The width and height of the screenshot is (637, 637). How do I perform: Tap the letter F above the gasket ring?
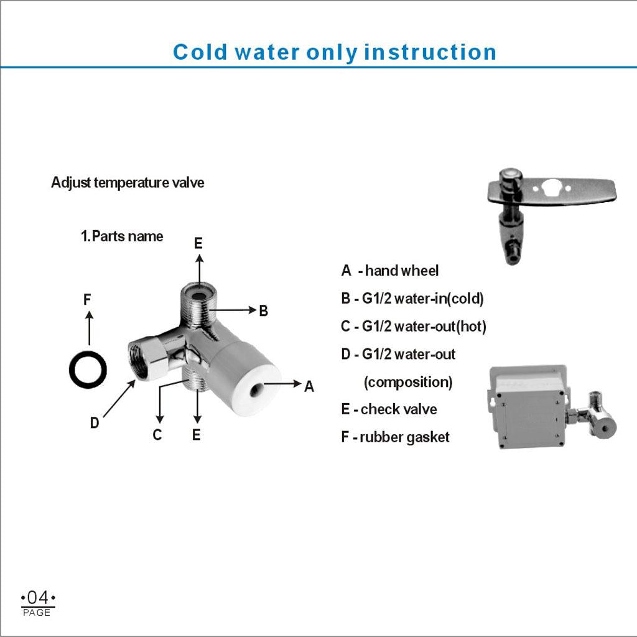pyautogui.click(x=87, y=300)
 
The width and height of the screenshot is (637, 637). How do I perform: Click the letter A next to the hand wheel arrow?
pyautogui.click(x=309, y=386)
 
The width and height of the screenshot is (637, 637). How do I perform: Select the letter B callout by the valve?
pyautogui.click(x=264, y=311)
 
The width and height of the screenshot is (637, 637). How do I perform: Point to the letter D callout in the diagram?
pyautogui.click(x=95, y=423)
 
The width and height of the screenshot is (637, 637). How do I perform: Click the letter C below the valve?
pyautogui.click(x=157, y=435)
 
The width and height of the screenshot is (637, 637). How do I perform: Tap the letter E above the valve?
pyautogui.click(x=198, y=243)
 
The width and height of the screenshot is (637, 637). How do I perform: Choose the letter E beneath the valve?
pyautogui.click(x=196, y=435)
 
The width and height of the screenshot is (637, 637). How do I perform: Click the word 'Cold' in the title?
pyautogui.click(x=200, y=52)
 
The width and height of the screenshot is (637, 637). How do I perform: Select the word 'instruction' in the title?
pyautogui.click(x=430, y=52)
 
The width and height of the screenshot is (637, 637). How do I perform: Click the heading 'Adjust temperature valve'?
pyautogui.click(x=128, y=182)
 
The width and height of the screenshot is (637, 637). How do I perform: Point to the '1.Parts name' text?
pyautogui.click(x=122, y=236)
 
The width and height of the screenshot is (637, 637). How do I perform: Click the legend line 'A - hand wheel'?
pyautogui.click(x=390, y=271)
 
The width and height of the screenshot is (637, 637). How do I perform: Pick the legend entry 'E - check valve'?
pyautogui.click(x=389, y=409)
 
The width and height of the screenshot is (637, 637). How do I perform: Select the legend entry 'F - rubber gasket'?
pyautogui.click(x=395, y=437)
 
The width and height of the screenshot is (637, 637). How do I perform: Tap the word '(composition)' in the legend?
pyautogui.click(x=408, y=383)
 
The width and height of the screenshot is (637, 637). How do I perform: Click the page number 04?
pyautogui.click(x=38, y=598)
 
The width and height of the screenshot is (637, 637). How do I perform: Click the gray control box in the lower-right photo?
pyautogui.click(x=528, y=406)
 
